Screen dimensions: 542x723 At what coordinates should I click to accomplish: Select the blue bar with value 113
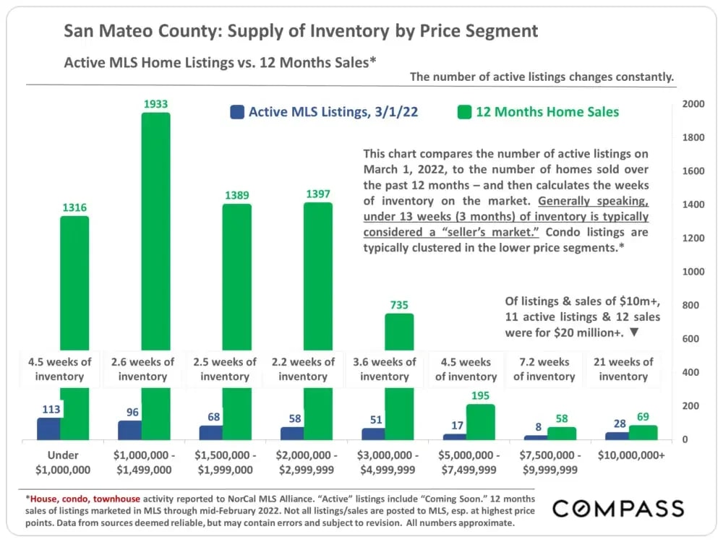pyautogui.click(x=48, y=429)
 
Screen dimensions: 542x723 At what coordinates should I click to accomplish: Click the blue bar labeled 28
pyautogui.click(x=617, y=436)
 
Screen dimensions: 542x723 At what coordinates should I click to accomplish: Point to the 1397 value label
pyautogui.click(x=317, y=194)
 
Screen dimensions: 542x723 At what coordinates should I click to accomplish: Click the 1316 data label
pyautogui.click(x=74, y=207)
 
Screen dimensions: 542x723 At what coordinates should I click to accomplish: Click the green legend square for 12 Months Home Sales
pyautogui.click(x=464, y=112)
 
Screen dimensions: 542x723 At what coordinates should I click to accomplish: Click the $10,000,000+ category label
pyautogui.click(x=631, y=455)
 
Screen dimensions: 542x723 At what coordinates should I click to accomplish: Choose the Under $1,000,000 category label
pyautogui.click(x=63, y=463)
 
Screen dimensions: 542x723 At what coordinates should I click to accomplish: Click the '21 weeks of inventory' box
pyautogui.click(x=623, y=369)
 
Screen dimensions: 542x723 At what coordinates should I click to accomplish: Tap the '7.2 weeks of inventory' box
pyautogui.click(x=544, y=369)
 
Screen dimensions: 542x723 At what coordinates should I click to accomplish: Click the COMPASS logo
pyautogui.click(x=618, y=508)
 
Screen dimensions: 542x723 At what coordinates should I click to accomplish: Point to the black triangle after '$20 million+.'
pyautogui.click(x=634, y=333)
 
